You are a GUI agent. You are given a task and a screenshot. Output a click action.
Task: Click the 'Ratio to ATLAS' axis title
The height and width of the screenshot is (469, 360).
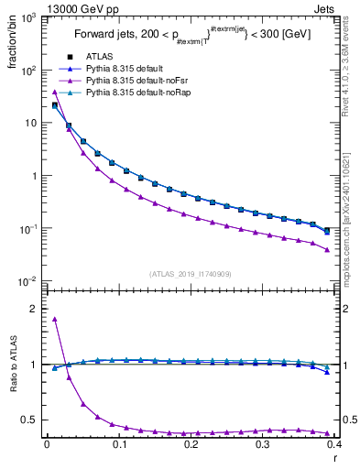[11, 365]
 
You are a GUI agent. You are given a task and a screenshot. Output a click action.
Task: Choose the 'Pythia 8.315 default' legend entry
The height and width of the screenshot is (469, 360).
[125, 70]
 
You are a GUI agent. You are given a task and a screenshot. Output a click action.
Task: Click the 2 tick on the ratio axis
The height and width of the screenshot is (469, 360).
[34, 309]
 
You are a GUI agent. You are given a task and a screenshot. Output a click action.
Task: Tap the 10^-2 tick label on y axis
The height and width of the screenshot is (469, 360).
[28, 281]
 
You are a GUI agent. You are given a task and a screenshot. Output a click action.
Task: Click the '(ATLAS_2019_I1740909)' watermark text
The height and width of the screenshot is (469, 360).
[190, 273]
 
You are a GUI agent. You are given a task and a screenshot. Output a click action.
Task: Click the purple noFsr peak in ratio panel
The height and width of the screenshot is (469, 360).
[55, 319]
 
